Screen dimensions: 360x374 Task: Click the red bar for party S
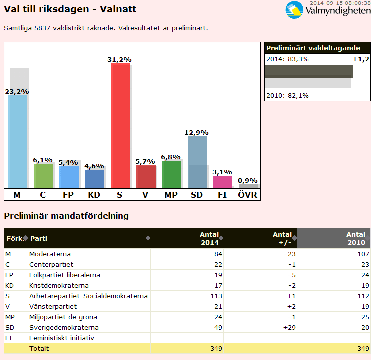120,125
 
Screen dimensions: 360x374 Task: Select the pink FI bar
223,182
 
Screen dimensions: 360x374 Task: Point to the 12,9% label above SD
197,132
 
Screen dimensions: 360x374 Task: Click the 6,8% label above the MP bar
171,157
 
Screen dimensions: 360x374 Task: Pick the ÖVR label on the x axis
248,195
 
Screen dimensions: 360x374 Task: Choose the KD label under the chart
94,195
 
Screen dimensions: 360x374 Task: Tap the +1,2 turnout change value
360,59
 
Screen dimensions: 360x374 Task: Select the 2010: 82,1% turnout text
287,96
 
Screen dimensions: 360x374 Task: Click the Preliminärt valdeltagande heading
313,48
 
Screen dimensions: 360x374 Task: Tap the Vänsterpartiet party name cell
53,306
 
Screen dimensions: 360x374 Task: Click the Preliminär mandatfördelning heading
66,216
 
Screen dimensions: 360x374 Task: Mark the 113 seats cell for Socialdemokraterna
214,296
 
